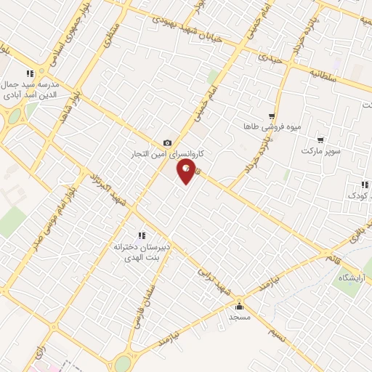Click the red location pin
click(x=185, y=171)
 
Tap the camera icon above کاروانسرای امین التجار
click(x=168, y=142)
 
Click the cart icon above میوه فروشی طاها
click(x=271, y=115)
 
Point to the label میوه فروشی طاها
click(x=269, y=126)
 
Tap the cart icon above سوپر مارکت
click(x=320, y=139)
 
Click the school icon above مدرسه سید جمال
click(x=30, y=73)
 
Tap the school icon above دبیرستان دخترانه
click(x=142, y=235)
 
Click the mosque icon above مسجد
click(x=239, y=306)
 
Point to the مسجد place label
click(x=239, y=318)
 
